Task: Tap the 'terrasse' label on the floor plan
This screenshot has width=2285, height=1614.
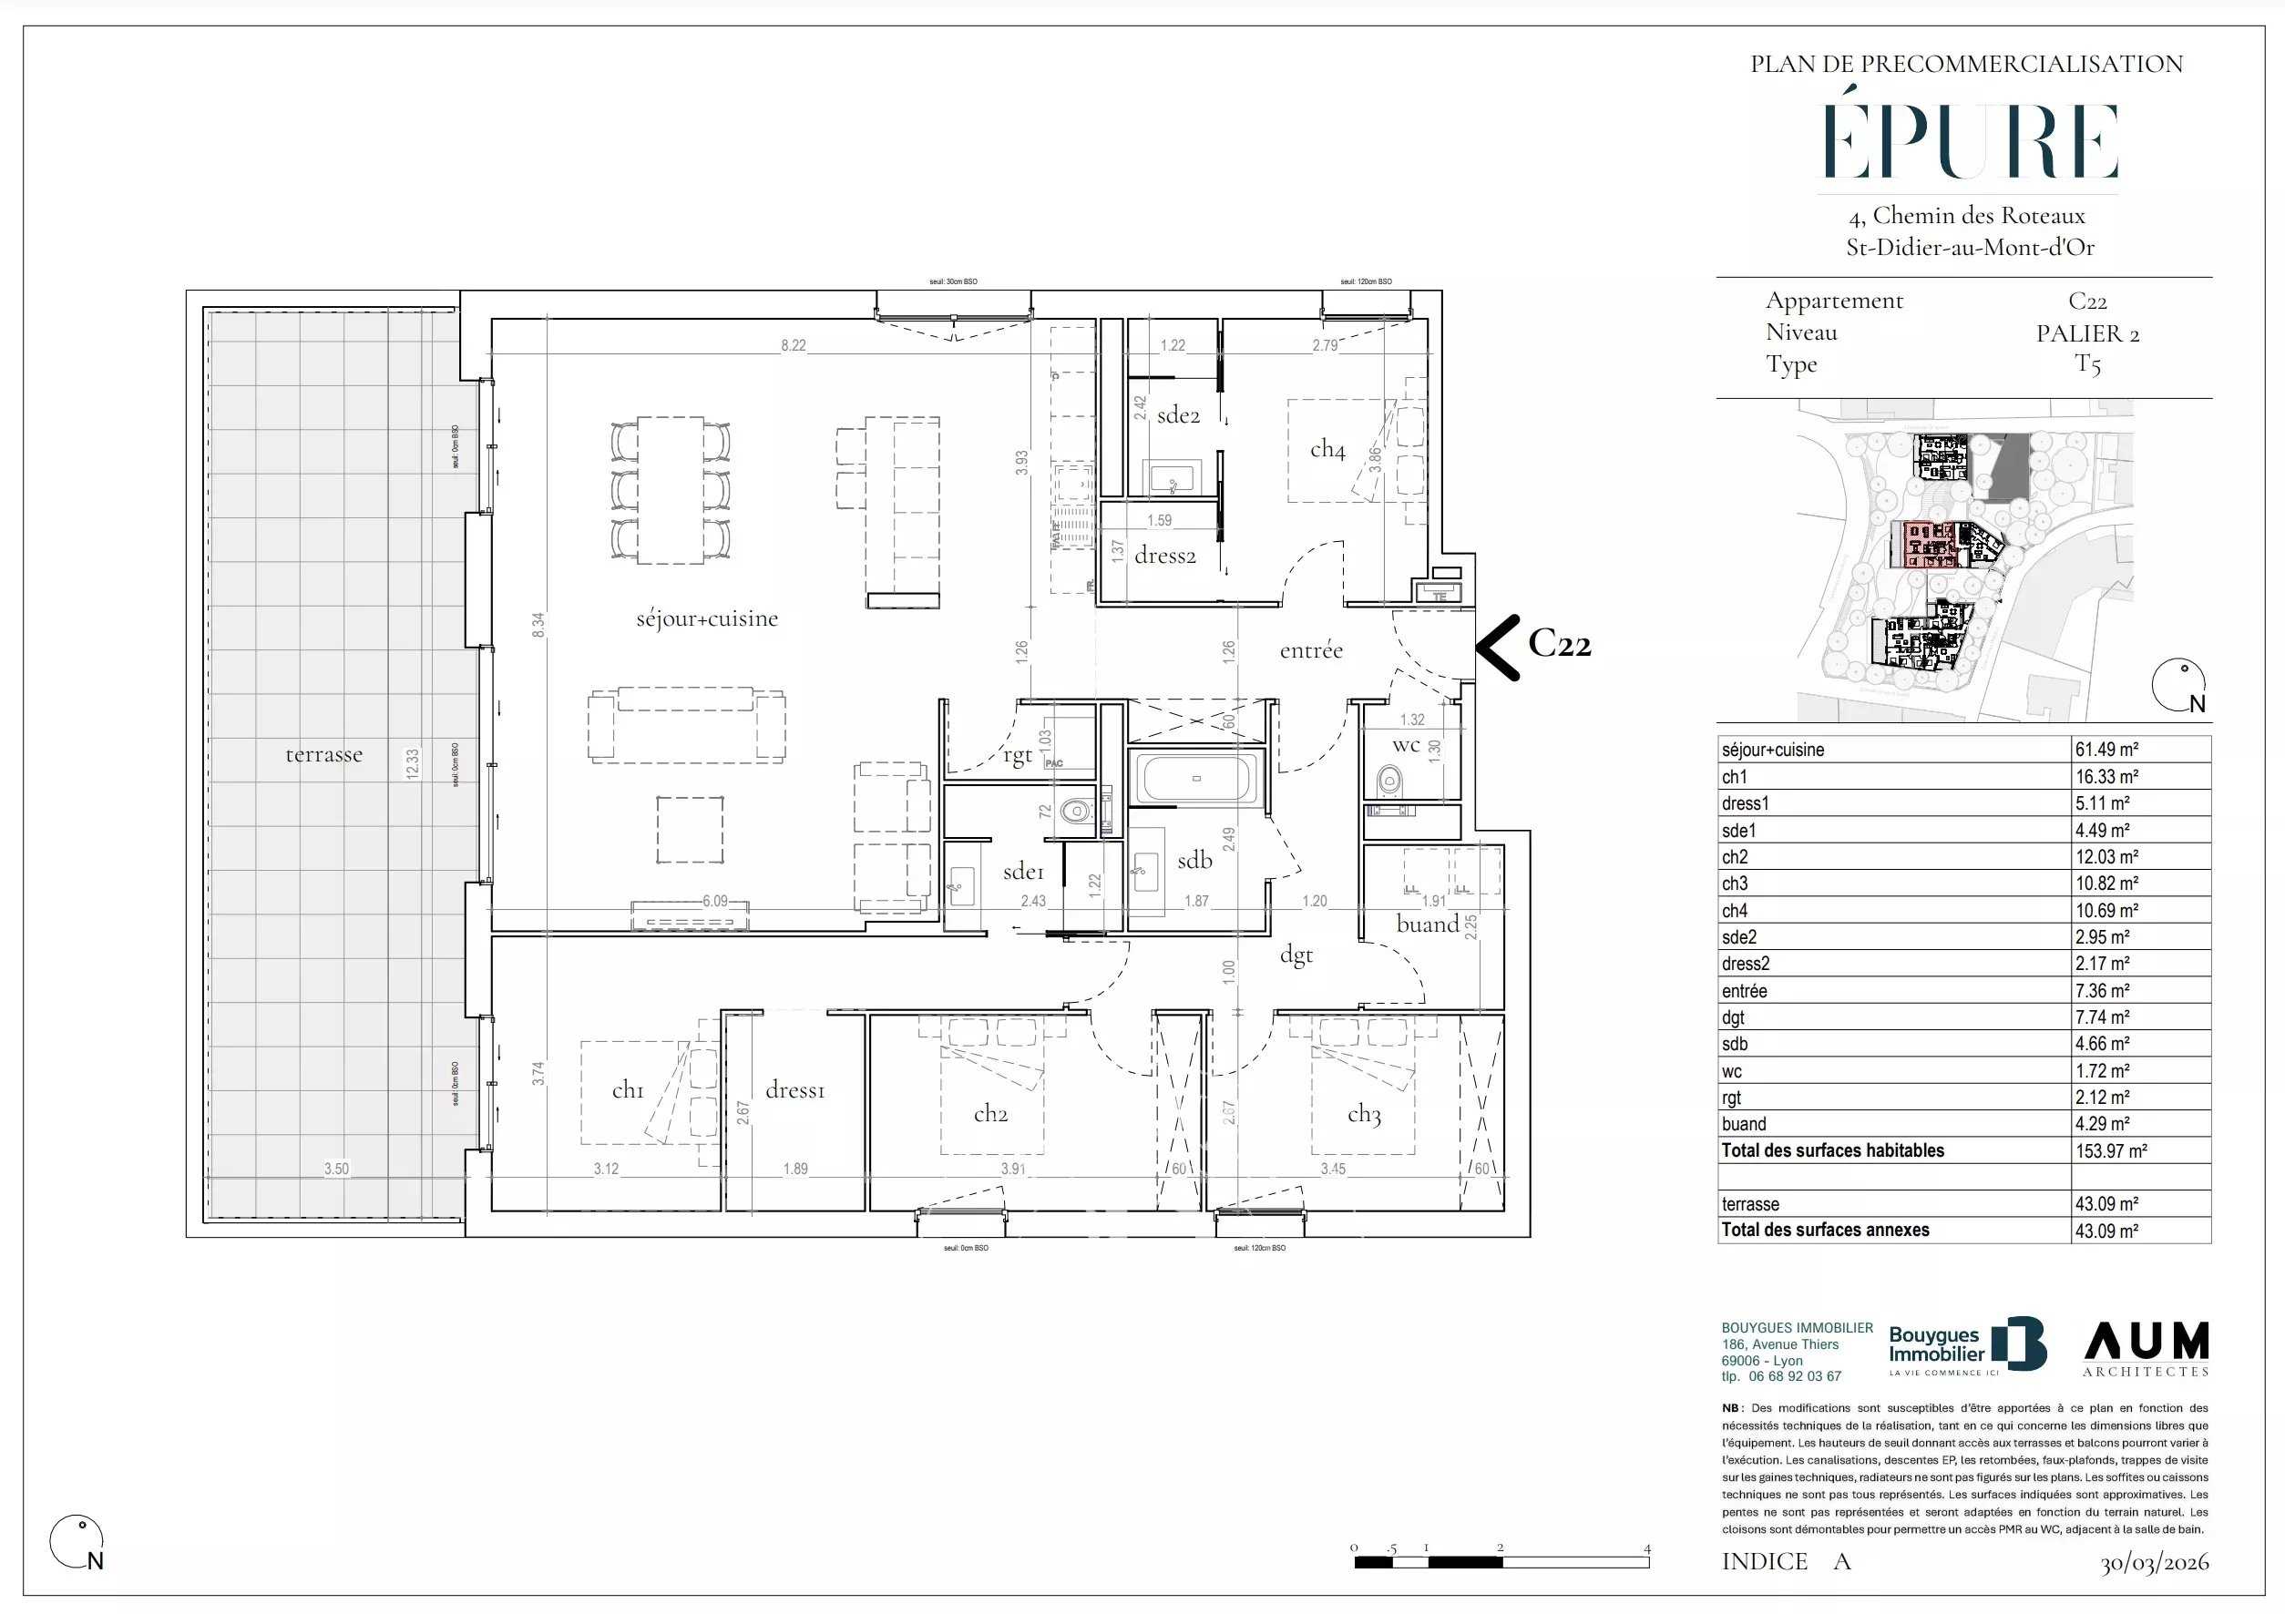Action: (323, 754)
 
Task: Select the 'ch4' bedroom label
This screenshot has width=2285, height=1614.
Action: (1327, 449)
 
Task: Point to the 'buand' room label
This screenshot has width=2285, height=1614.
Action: (1427, 924)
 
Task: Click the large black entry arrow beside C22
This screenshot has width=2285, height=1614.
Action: (1497, 647)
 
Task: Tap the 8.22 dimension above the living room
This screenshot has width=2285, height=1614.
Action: (794, 345)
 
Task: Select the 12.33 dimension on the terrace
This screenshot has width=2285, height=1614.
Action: (413, 763)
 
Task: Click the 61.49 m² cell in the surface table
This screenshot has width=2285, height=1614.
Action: (2106, 750)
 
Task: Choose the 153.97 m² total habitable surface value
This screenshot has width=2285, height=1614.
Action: (2110, 1150)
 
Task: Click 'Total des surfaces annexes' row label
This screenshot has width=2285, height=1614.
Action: (1824, 1230)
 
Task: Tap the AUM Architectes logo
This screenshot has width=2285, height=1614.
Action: (2146, 1348)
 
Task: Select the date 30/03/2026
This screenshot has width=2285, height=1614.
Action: (2154, 1563)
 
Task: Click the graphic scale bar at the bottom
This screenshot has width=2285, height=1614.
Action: (1501, 1561)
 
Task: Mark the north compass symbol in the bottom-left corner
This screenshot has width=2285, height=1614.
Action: (77, 1542)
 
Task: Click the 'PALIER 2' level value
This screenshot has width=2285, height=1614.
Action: (2087, 333)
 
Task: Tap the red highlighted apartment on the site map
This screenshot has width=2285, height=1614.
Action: (1927, 545)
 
